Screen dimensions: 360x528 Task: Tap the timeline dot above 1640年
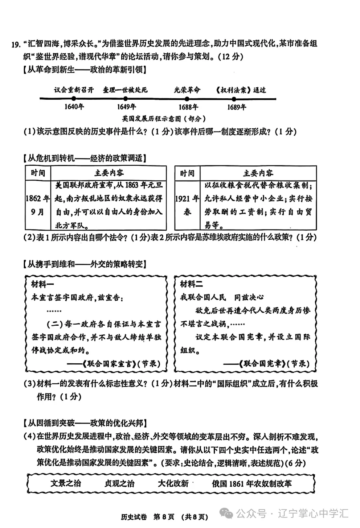pos(74,99)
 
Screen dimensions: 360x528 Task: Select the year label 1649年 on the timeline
pos(126,107)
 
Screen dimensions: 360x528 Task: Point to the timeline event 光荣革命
pos(187,90)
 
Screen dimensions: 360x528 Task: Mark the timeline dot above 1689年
pos(234,99)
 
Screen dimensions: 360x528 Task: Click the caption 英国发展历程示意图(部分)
pos(164,119)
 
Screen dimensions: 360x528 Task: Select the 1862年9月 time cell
pos(38,205)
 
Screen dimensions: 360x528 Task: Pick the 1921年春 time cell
pos(187,205)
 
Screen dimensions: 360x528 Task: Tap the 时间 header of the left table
pos(38,173)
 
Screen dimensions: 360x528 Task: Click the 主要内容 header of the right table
pos(258,173)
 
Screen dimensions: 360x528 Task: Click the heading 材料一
pos(42,284)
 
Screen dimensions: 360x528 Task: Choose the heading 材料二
pos(192,284)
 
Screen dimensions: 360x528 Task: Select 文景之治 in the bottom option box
pos(66,483)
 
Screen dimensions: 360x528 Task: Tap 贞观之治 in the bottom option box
pos(119,483)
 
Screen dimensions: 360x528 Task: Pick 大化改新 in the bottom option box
pos(173,483)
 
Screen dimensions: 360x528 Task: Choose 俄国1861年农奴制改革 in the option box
pos(252,483)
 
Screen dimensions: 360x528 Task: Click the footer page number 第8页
pos(164,517)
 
